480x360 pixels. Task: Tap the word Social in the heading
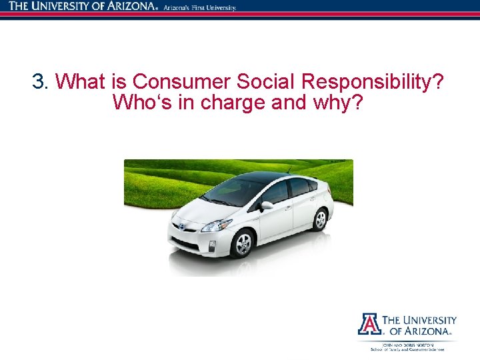[258, 83]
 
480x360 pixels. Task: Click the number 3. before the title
[41, 83]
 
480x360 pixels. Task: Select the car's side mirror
[267, 205]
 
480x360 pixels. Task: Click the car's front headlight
[217, 225]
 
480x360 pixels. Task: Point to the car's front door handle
[288, 209]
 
